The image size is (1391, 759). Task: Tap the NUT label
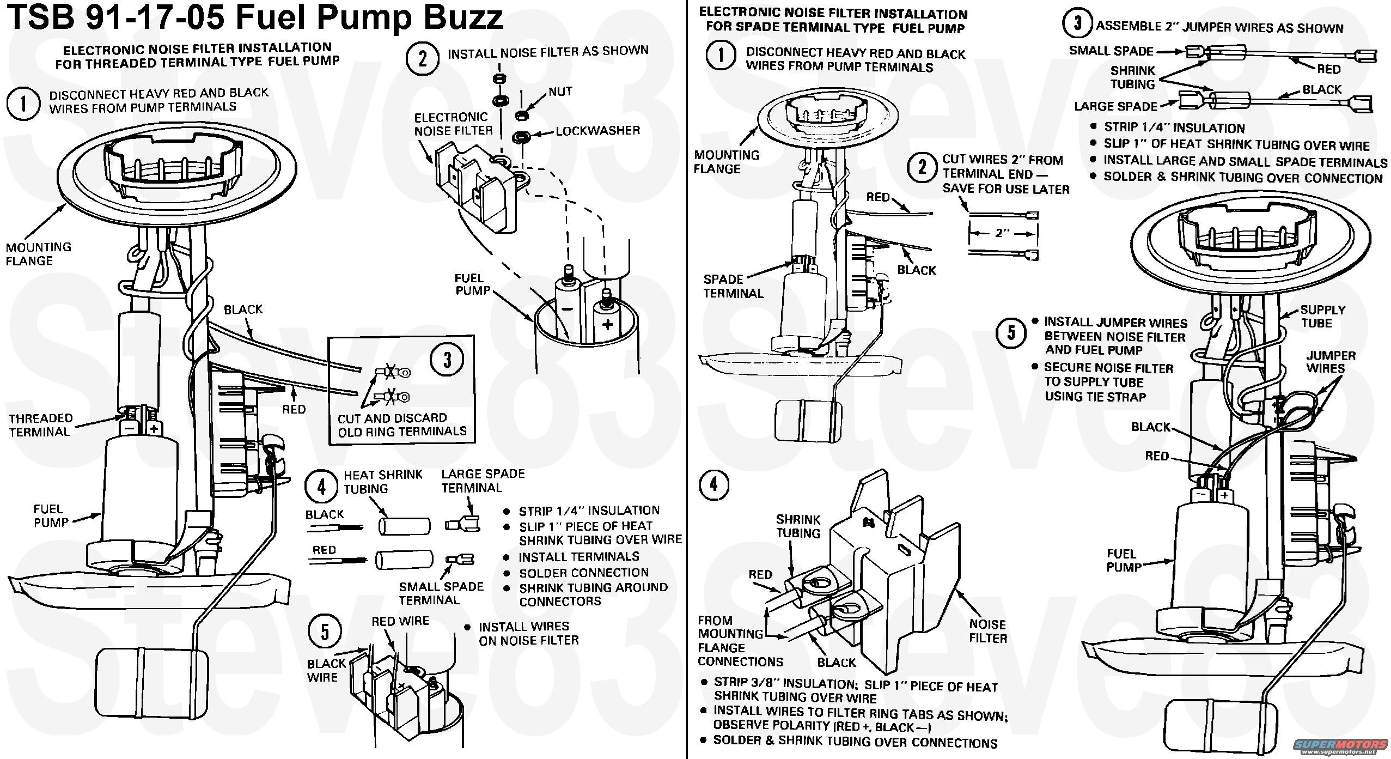560,92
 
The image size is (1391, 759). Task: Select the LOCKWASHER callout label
597,131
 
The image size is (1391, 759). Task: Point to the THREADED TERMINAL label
40,425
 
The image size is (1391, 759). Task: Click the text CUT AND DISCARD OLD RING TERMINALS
402,425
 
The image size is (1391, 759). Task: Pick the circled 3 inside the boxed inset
447,360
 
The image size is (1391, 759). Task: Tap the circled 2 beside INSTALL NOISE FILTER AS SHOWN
423,59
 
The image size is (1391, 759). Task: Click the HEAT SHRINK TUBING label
382,482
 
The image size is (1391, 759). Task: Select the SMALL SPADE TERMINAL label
441,593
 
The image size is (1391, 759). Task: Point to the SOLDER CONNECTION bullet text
583,573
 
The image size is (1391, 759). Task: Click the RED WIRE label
400,621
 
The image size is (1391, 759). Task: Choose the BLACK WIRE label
326,670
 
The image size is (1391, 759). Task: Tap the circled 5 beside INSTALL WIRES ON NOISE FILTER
325,633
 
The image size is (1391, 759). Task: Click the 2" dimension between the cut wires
1003,233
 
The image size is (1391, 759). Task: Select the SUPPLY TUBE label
1322,316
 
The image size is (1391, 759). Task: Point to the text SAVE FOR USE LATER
1006,189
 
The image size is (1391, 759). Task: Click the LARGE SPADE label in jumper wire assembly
1115,106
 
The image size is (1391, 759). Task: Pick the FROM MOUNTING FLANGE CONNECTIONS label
740,641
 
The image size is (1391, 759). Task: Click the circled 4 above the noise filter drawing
713,484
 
